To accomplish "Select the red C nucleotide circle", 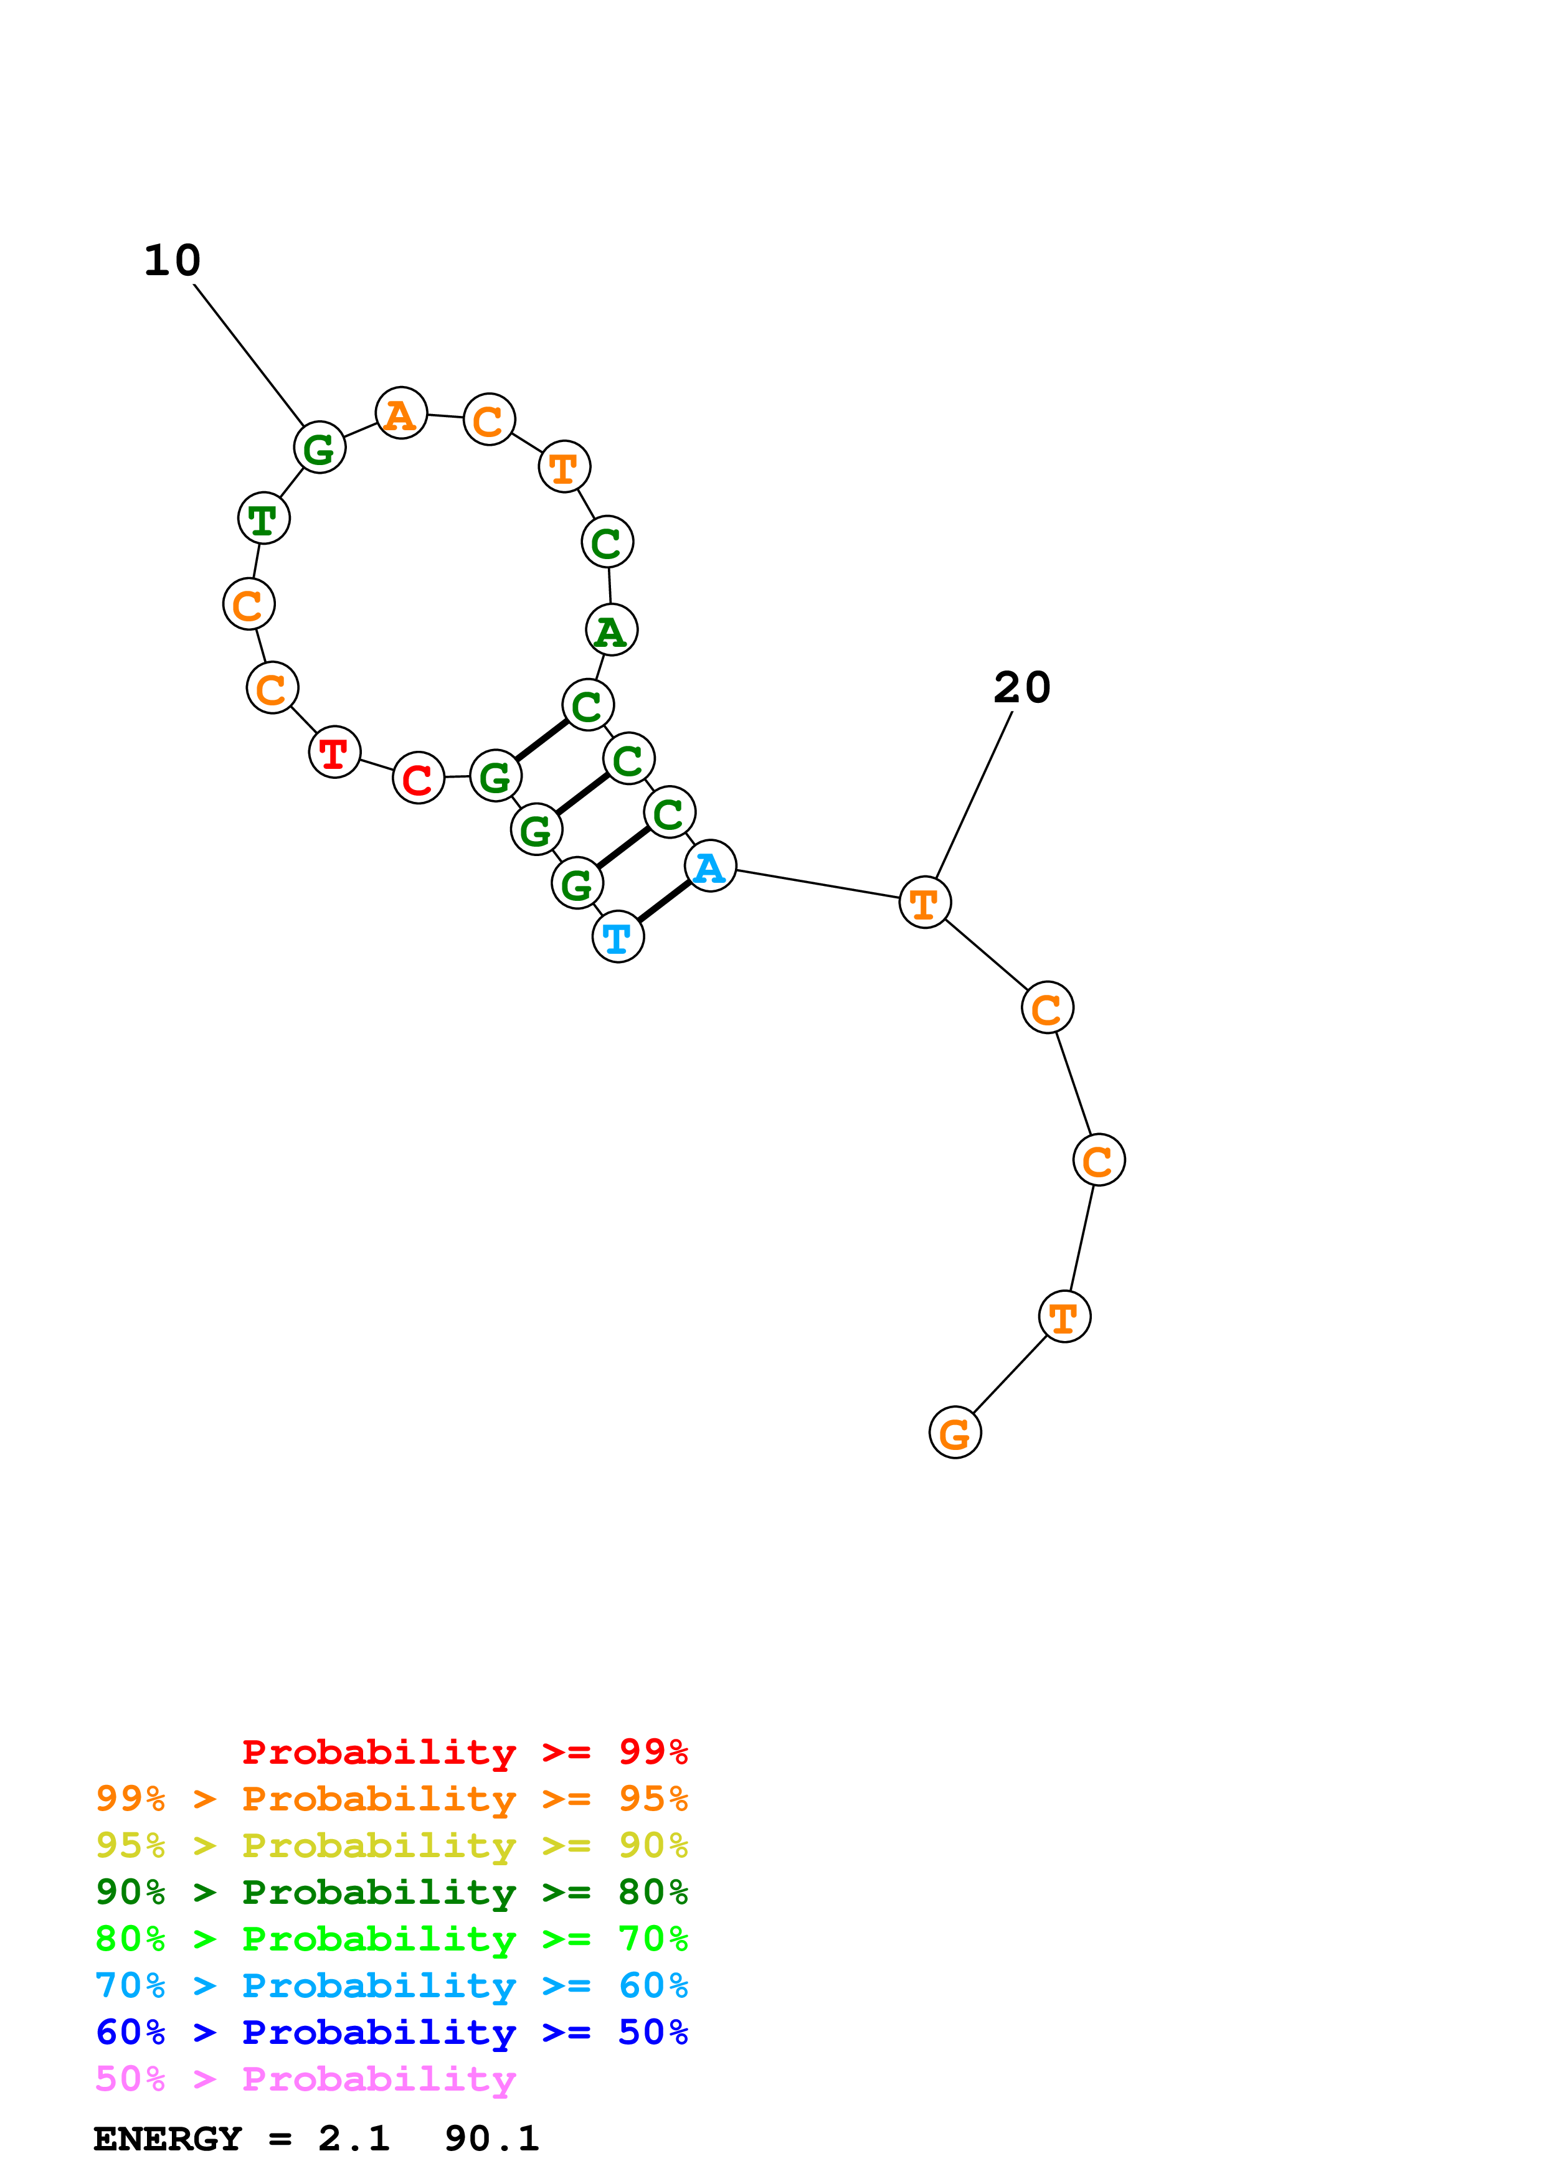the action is click(x=419, y=778).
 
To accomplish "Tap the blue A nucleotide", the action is click(x=709, y=867).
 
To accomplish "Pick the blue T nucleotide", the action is click(x=617, y=937).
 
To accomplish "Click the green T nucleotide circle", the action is click(x=263, y=519).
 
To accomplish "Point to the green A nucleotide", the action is click(x=611, y=629).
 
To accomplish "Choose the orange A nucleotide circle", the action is click(x=400, y=414).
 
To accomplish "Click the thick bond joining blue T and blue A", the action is click(x=664, y=901).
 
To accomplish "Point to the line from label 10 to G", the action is click(x=249, y=355).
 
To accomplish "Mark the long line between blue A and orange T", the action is click(x=818, y=883).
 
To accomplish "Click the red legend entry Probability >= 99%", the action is click(x=464, y=1751).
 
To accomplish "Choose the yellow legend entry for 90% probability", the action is click(x=391, y=1845).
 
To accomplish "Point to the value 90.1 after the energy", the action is click(x=491, y=2139).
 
